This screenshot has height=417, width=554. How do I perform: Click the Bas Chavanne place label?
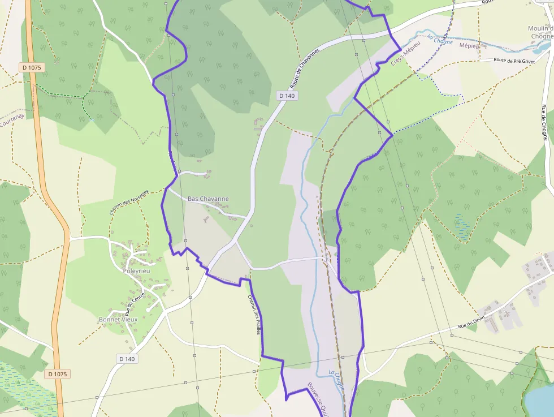click(x=208, y=199)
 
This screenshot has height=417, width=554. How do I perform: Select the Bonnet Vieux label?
click(x=118, y=319)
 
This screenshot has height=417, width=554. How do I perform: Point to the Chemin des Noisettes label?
click(x=128, y=202)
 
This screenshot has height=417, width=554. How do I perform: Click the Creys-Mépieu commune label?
click(x=406, y=54)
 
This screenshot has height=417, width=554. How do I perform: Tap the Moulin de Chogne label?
click(x=540, y=32)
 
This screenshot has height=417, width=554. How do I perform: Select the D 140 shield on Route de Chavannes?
click(x=287, y=96)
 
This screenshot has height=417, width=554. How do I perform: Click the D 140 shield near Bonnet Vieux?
click(x=127, y=359)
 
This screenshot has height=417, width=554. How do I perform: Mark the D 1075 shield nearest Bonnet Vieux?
click(x=58, y=374)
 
